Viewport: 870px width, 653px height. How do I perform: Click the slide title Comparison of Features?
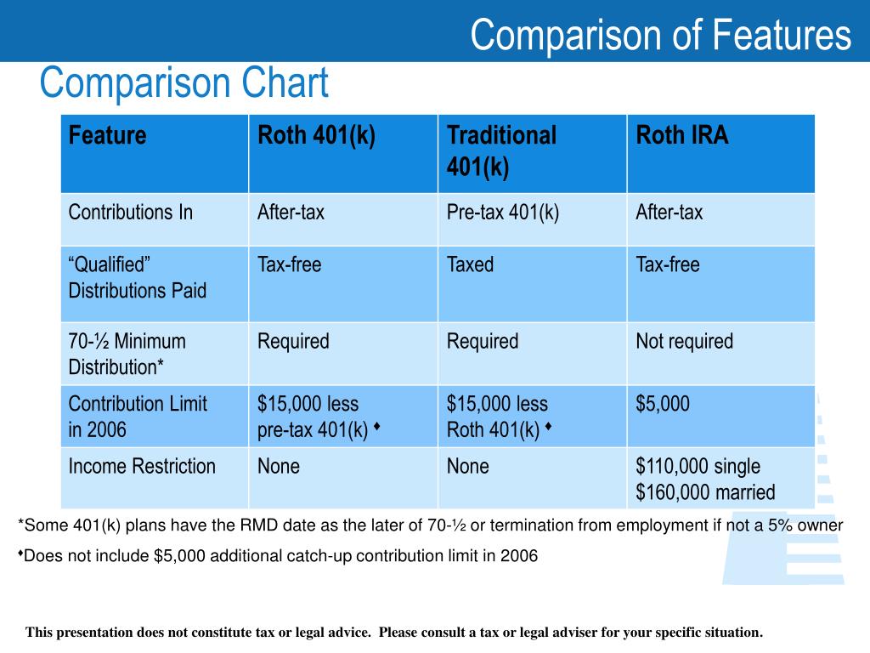[660, 36]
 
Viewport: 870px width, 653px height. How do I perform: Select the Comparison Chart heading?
[184, 84]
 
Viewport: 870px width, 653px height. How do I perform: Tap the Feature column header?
[108, 136]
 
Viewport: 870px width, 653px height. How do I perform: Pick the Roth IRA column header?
[682, 136]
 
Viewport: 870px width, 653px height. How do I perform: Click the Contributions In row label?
[131, 213]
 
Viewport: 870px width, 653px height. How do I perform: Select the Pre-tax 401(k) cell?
[503, 213]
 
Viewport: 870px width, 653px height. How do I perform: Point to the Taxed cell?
[470, 265]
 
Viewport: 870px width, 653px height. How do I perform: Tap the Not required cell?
[684, 342]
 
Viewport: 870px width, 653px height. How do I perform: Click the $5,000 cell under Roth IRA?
[663, 404]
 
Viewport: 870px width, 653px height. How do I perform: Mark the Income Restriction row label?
[142, 466]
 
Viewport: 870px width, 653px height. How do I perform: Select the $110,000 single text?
[698, 466]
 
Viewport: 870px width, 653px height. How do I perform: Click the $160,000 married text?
[705, 492]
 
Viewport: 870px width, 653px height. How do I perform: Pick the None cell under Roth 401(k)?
[279, 466]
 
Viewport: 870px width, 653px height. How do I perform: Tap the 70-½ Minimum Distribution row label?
[127, 355]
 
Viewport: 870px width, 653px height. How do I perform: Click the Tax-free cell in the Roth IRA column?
[667, 265]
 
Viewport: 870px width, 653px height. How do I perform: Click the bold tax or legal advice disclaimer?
[394, 633]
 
